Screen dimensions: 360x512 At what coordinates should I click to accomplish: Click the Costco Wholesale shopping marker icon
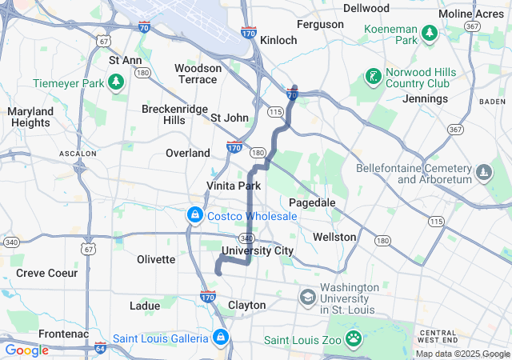194,215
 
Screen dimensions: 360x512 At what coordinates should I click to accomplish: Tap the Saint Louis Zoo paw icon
354,340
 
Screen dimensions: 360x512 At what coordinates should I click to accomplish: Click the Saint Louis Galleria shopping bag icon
220,338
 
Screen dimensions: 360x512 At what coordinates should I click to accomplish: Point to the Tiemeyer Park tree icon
116,82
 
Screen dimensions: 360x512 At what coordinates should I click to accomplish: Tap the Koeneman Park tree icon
430,32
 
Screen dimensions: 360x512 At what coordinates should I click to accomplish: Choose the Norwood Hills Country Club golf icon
372,78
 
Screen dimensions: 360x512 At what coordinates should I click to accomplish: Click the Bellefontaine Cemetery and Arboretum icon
485,173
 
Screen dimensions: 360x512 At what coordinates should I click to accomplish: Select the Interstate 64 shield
100,348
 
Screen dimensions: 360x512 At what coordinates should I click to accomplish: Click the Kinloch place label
278,39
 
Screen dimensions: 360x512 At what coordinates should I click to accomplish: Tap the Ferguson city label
319,25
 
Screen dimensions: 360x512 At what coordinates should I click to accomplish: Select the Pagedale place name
312,202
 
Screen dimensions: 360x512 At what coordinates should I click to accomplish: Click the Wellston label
334,237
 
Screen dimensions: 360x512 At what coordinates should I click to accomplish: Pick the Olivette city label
156,259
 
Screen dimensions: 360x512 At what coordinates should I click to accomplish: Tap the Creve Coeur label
47,273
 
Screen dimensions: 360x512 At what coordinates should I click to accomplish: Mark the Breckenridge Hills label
174,114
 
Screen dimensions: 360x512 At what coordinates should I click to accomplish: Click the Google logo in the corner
26,350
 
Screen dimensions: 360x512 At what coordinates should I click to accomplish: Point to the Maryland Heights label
30,117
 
